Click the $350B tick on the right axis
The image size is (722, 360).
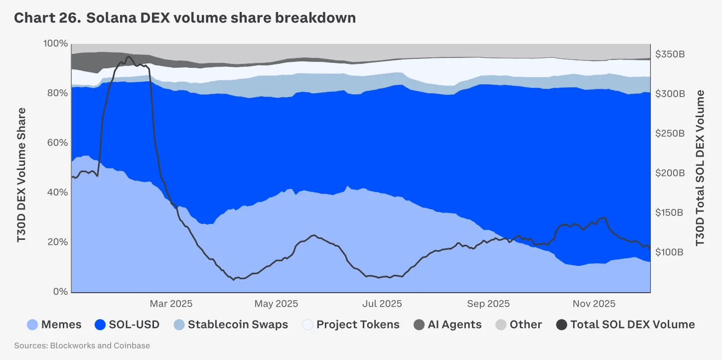pos(670,54)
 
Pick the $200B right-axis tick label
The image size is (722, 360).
pos(670,173)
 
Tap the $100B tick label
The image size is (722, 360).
pos(670,252)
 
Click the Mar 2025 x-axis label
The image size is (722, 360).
pos(171,304)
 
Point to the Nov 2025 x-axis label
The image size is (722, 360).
pos(594,304)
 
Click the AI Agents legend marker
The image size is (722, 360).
pos(420,325)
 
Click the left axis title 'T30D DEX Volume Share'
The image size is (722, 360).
pos(21,175)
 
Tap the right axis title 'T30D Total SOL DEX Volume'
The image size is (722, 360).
pos(700,168)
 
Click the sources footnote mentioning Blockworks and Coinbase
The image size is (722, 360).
pos(82,346)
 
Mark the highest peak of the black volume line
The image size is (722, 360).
pos(129,57)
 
